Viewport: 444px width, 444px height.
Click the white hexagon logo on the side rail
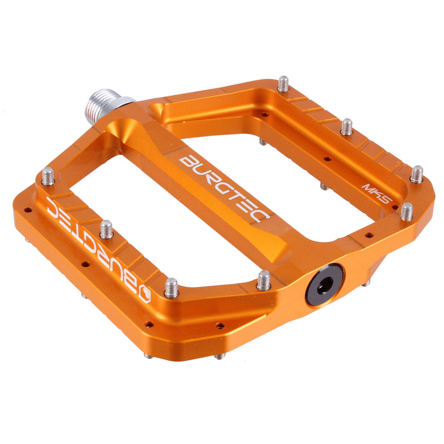[x=143, y=294]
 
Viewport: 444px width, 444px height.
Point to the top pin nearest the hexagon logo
[x=171, y=287]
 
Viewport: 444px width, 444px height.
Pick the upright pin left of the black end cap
[x=264, y=280]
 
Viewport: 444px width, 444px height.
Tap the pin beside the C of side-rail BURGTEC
[x=48, y=176]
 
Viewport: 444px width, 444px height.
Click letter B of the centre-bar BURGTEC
[x=188, y=162]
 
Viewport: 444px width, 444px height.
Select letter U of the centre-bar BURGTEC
[x=200, y=169]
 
